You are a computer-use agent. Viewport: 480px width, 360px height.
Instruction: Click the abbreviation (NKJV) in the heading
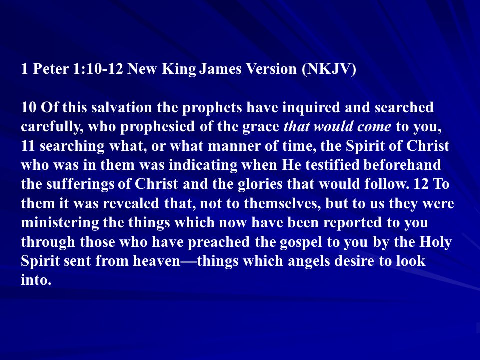329,69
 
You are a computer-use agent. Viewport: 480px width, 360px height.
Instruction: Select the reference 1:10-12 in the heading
98,69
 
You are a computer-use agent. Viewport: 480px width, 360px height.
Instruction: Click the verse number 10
29,108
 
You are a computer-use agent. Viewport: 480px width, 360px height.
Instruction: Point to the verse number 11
28,146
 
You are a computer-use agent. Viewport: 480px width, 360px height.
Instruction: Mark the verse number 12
421,184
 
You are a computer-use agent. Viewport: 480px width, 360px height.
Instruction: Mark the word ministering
60,223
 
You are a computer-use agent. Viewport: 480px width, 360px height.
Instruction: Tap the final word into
36,280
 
